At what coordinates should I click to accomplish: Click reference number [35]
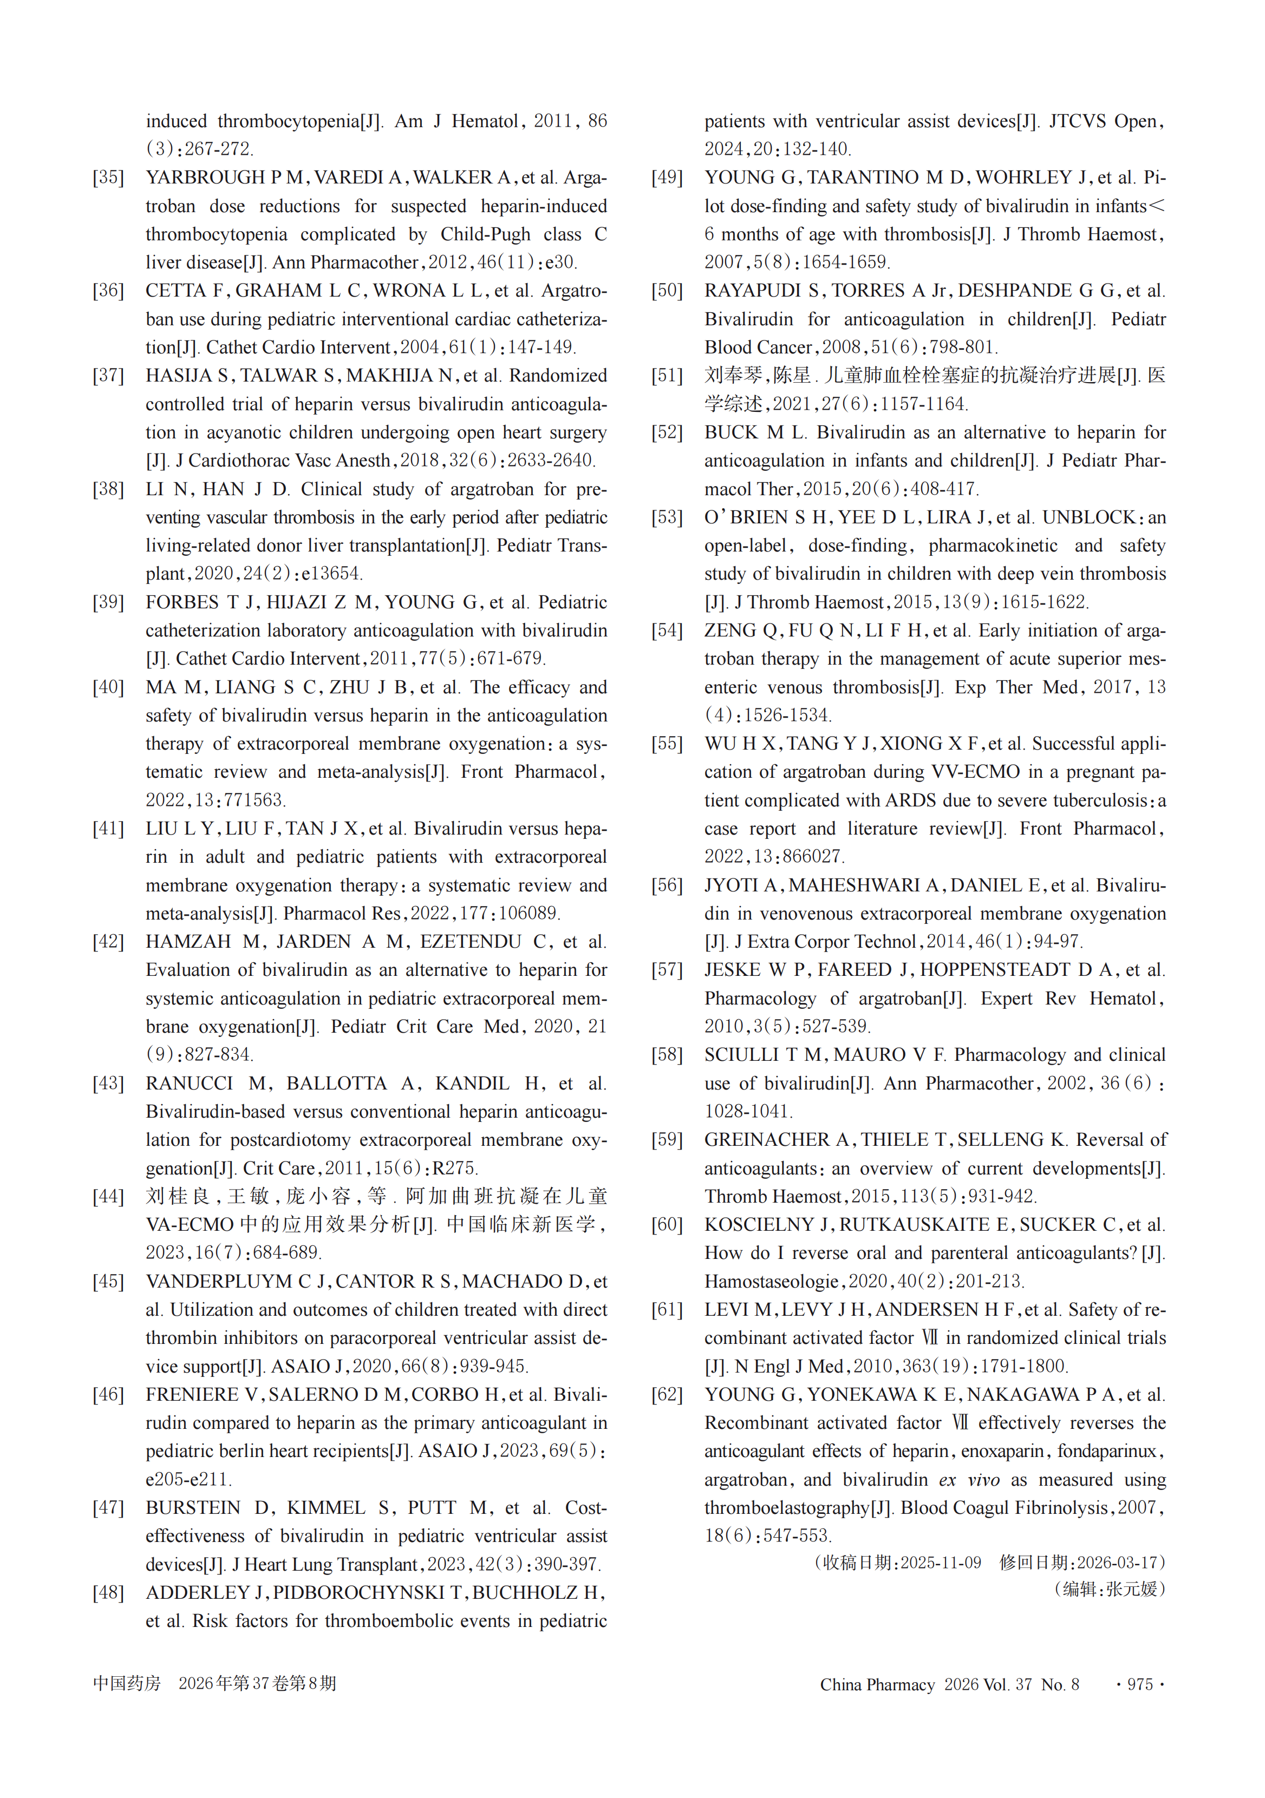pos(108,178)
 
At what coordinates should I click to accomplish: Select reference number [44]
pos(108,1197)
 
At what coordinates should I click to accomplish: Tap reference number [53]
pos(667,517)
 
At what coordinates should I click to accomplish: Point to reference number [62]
pos(667,1395)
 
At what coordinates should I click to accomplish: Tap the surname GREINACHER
pos(767,1140)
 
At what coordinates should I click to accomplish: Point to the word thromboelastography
pos(786,1508)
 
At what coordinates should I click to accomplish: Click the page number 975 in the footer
pos(1140,1684)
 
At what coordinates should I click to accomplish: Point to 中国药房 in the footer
pos(126,1684)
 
